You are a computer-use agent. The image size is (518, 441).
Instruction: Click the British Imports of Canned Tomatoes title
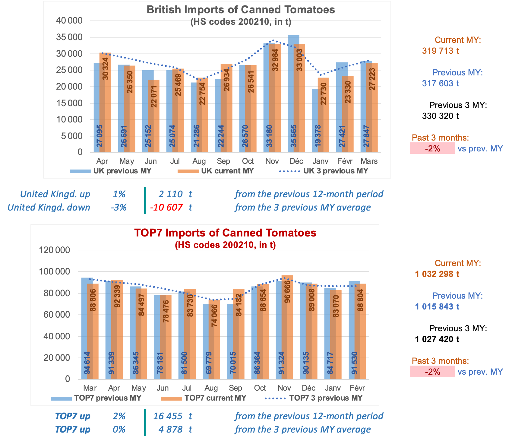[241, 10]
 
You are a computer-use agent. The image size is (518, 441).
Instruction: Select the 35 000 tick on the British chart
[69, 37]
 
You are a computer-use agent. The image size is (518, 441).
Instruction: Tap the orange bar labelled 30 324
[106, 103]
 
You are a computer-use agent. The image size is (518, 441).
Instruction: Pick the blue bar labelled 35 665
[293, 94]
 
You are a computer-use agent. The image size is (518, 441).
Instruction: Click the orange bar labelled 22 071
[154, 116]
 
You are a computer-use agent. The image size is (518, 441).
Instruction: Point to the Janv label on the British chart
[321, 161]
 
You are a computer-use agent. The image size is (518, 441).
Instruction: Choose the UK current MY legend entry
[216, 171]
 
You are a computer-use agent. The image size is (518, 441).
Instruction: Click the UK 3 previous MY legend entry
[324, 171]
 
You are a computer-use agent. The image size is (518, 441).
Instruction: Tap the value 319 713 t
[440, 51]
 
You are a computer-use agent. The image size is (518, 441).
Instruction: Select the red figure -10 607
[166, 208]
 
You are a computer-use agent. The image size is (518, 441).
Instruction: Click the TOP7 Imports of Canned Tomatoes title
[225, 233]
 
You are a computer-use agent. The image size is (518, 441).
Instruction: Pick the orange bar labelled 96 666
[287, 327]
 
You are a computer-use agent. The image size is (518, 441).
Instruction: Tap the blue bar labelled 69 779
[208, 342]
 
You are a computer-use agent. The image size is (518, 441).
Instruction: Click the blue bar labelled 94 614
[87, 328]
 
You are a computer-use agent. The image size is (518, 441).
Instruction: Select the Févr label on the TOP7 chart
[357, 388]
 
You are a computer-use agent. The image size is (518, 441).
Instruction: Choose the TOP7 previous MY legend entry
[96, 398]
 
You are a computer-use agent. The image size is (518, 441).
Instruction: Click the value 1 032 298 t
[437, 274]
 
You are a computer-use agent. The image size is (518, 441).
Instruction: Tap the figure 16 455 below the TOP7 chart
[168, 416]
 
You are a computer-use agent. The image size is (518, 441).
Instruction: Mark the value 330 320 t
[440, 116]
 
